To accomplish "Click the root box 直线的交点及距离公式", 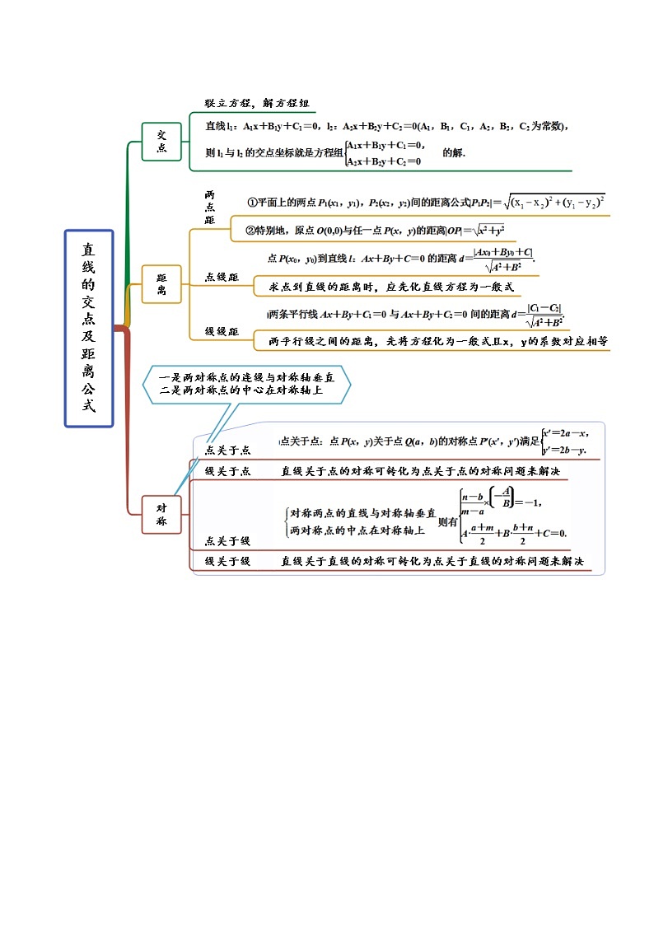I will pos(88,328).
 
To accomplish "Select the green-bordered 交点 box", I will pos(161,141).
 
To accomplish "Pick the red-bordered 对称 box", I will pos(161,515).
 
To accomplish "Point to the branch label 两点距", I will pos(209,208).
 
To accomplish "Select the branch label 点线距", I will pos(222,278).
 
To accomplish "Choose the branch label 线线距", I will pos(222,331).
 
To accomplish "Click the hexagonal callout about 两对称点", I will pos(246,384).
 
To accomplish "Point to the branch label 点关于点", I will pos(227,450).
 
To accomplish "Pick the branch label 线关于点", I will pos(227,470).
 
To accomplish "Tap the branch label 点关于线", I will pos(227,540).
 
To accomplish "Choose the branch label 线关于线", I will pos(227,562).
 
